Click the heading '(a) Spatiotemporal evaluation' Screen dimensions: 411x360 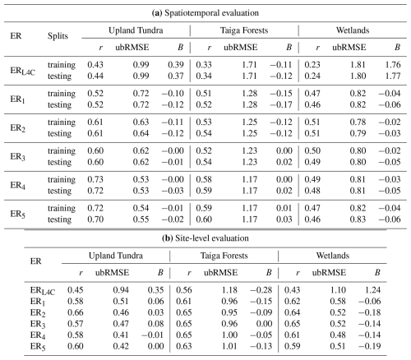205,13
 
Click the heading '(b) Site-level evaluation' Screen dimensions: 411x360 205,238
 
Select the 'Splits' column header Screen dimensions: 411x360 58,36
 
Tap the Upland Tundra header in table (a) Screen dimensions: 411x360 136,30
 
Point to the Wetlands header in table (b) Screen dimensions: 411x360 333,256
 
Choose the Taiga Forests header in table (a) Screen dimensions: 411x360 244,30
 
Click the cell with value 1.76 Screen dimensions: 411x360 393,65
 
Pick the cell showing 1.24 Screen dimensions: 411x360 373,290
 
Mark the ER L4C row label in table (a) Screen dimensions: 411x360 23,71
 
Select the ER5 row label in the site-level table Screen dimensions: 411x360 38,347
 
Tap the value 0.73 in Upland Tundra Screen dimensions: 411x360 95,179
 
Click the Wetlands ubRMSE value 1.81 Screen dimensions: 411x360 358,65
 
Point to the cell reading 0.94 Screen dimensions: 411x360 121,290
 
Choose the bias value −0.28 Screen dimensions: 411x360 261,290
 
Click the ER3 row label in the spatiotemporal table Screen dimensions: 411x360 18,157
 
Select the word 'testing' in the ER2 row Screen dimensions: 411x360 59,133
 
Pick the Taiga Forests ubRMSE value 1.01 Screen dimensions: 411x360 229,346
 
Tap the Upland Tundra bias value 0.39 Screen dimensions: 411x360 176,65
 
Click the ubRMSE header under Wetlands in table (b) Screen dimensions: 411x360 329,272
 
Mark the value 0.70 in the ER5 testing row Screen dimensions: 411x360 95,219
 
